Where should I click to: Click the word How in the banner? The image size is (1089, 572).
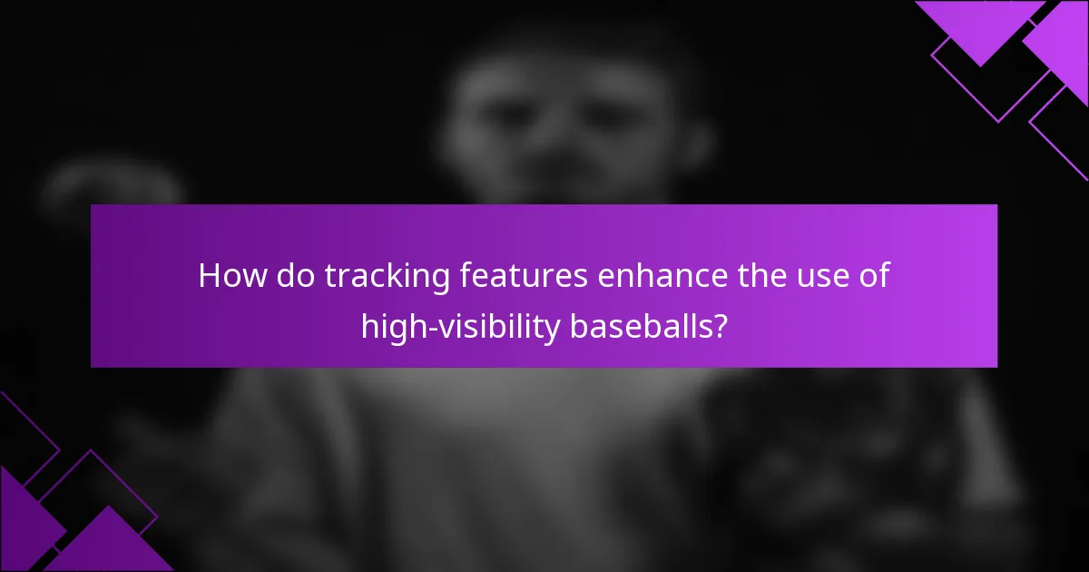click(x=230, y=276)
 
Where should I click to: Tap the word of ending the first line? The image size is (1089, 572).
click(x=870, y=276)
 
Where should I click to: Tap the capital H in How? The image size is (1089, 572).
click(x=209, y=276)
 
